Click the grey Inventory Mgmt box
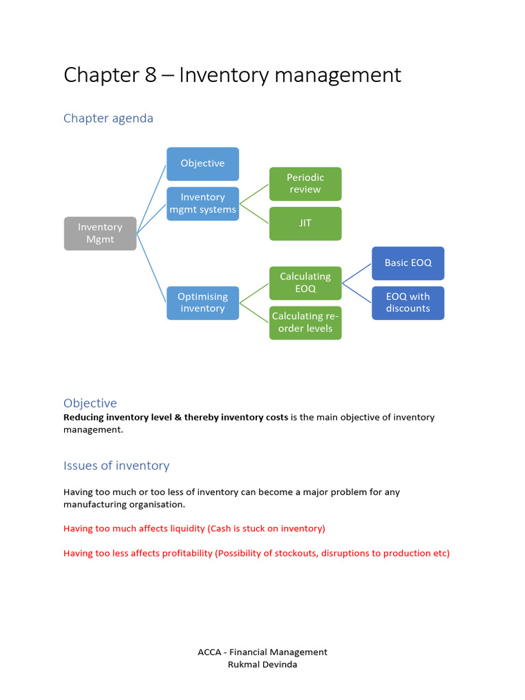pyautogui.click(x=100, y=233)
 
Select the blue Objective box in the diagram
pyautogui.click(x=202, y=163)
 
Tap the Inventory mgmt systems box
pyautogui.click(x=202, y=204)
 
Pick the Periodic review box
pyautogui.click(x=305, y=183)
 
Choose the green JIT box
pyautogui.click(x=305, y=224)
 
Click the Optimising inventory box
pyautogui.click(x=202, y=303)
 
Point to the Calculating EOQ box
pyautogui.click(x=305, y=282)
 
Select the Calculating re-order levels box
pyautogui.click(x=305, y=323)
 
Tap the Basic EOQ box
pyautogui.click(x=407, y=263)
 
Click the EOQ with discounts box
pyautogui.click(x=407, y=303)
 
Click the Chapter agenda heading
pyautogui.click(x=108, y=118)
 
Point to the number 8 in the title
pyautogui.click(x=151, y=75)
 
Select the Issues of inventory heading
pyautogui.click(x=116, y=466)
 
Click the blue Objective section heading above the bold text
pyautogui.click(x=90, y=403)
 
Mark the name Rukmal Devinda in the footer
pyautogui.click(x=262, y=664)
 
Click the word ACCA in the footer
pyautogui.click(x=209, y=652)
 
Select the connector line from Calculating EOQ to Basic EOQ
pyautogui.click(x=356, y=273)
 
